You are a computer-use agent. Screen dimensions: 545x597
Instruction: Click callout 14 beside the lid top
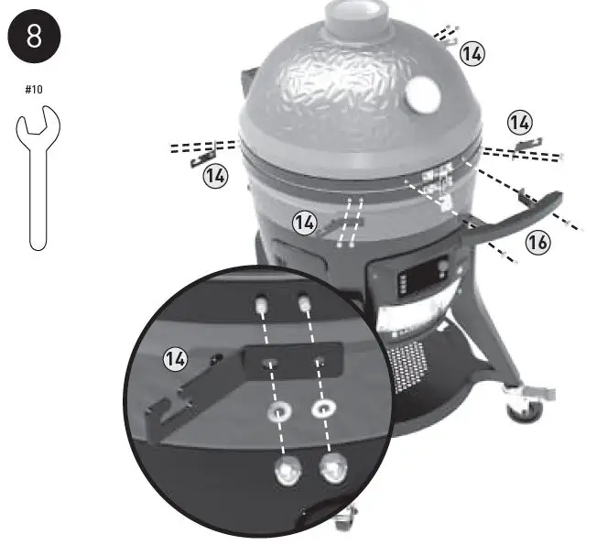(x=472, y=54)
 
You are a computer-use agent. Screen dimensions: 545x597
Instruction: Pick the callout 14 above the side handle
(x=519, y=121)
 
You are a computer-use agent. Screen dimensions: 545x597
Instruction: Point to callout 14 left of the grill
(x=215, y=177)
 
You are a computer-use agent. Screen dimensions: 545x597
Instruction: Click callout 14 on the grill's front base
(x=306, y=222)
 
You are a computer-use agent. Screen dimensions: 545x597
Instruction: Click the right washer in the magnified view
(x=324, y=409)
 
